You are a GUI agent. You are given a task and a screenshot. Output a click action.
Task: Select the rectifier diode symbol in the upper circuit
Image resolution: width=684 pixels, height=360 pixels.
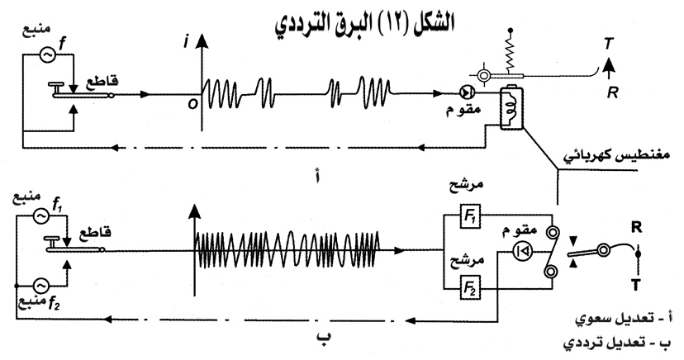[x=467, y=92]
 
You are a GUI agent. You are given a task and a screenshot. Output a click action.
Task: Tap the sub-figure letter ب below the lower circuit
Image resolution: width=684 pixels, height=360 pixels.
[x=324, y=336]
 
